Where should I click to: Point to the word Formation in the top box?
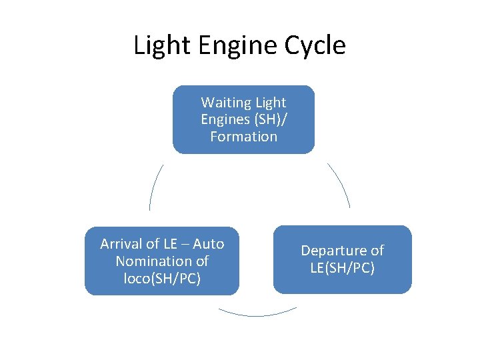tap(243, 137)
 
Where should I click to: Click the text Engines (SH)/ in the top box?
tap(243, 120)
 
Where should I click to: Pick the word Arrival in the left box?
tap(122, 244)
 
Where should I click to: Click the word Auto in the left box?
tap(209, 244)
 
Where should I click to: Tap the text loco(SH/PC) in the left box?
tap(162, 278)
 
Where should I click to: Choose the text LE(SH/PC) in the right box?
tap(342, 268)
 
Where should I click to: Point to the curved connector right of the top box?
tap(340, 185)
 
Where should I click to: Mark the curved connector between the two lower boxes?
tap(257, 313)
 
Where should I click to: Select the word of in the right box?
tap(377, 251)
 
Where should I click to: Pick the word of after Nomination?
tap(201, 261)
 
